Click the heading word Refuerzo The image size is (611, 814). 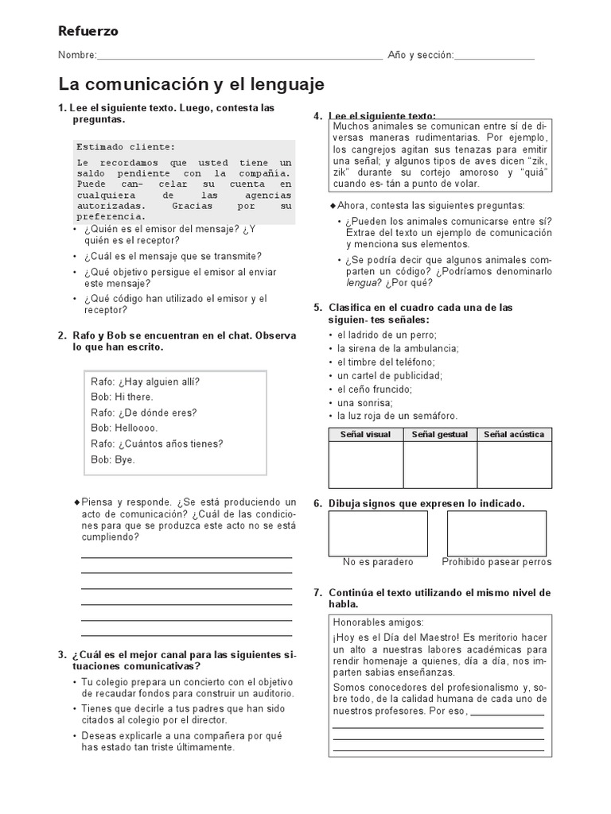tap(88, 31)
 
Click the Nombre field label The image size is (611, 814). tap(76, 56)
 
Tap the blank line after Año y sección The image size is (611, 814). tap(494, 56)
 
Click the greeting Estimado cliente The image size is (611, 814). tap(125, 147)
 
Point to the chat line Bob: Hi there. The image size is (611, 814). tap(122, 397)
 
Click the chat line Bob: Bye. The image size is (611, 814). tap(113, 459)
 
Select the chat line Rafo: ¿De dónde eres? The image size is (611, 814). tap(143, 413)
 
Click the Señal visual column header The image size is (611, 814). tap(365, 435)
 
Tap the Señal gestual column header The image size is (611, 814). tap(440, 435)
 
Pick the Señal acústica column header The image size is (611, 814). tap(514, 435)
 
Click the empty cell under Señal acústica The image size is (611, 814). tap(514, 465)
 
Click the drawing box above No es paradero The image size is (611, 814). tap(378, 533)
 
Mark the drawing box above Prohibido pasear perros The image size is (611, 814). tap(496, 533)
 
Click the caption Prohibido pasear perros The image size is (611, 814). tap(496, 562)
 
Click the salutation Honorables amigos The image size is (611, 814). tap(379, 622)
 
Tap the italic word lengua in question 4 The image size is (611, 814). tap(361, 282)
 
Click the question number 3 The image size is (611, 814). tap(61, 655)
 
